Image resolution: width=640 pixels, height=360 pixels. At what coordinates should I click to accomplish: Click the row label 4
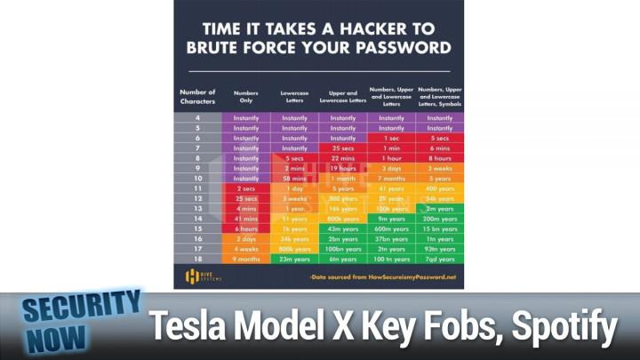(197, 116)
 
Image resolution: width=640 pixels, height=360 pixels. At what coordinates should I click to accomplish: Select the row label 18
(197, 260)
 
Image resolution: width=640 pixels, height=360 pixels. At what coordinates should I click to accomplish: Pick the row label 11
(197, 188)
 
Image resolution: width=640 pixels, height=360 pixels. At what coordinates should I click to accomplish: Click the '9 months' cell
(246, 260)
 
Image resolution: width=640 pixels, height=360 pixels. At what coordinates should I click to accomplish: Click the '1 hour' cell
(391, 158)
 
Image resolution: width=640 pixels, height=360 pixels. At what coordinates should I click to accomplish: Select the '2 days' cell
(246, 239)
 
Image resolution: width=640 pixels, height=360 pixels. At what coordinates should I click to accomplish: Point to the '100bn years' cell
(342, 250)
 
